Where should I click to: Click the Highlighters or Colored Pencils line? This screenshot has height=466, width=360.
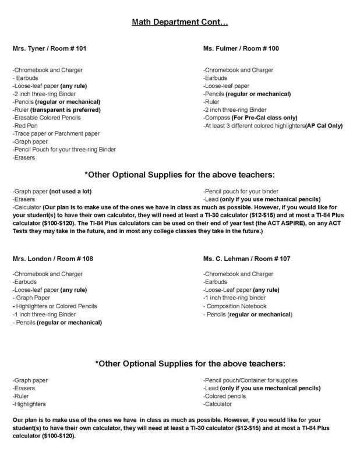55,306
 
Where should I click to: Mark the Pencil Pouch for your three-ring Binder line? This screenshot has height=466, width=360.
64,150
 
